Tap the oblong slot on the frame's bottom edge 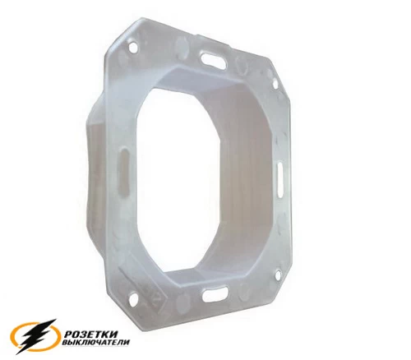pyautogui.click(x=215, y=293)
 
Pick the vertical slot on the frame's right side pyautogui.click(x=280, y=179)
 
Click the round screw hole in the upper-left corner pyautogui.click(x=133, y=47)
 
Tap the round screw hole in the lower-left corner pyautogui.click(x=134, y=299)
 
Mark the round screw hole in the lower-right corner pyautogui.click(x=279, y=275)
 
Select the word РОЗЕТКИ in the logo pyautogui.click(x=91, y=335)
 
